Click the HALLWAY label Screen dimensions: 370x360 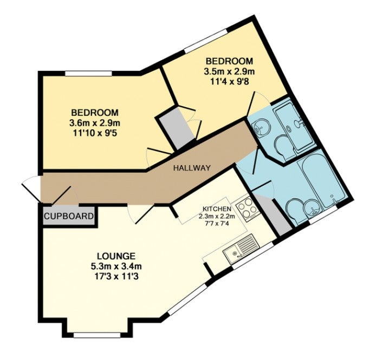click(192, 168)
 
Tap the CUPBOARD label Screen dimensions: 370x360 click(69, 216)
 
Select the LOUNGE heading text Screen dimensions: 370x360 click(116, 256)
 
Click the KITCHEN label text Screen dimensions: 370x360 click(217, 208)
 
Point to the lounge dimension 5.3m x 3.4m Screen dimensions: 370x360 click(116, 266)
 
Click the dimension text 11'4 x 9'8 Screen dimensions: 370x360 click(229, 82)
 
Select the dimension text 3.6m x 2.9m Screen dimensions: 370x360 click(95, 123)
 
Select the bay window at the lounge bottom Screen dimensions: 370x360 click(97, 335)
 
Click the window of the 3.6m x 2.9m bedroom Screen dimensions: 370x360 click(88, 74)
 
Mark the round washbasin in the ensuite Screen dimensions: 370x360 click(259, 128)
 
